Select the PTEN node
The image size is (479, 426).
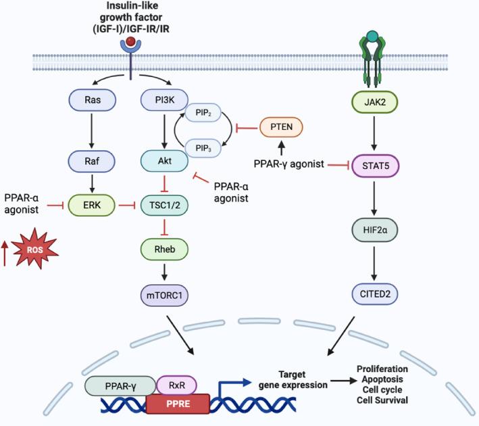tap(277, 126)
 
